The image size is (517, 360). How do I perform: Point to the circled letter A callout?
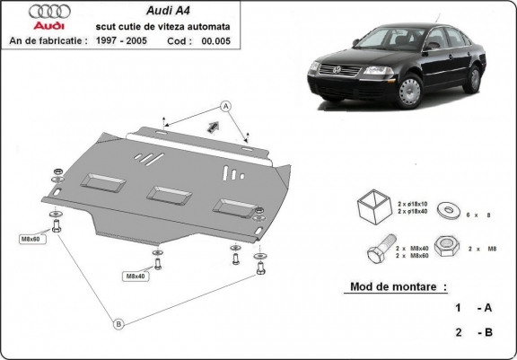(x=226, y=106)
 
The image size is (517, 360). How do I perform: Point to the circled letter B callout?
(x=118, y=324)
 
